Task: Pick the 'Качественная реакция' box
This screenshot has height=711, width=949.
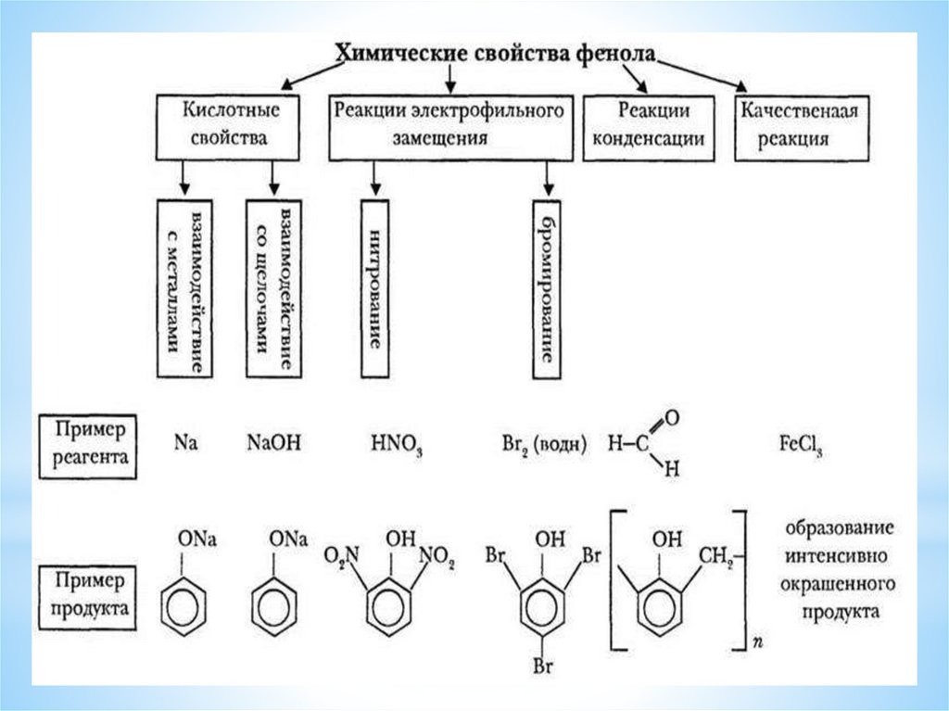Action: click(798, 126)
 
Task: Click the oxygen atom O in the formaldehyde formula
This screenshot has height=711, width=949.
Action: click(672, 419)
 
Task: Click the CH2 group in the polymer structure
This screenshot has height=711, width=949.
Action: click(715, 558)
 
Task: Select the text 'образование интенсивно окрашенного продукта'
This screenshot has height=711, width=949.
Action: click(840, 571)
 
